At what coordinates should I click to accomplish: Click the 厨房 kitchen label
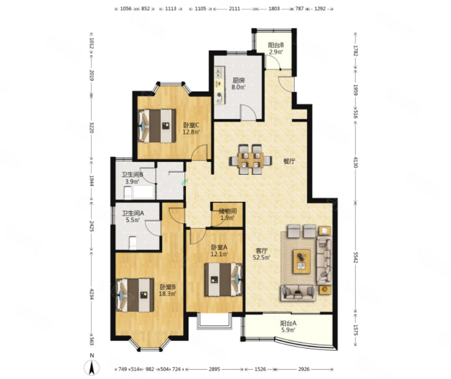point(239,81)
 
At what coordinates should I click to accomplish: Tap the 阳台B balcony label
point(276,45)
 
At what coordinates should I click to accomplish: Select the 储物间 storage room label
point(228,211)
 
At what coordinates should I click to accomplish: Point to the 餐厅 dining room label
point(289,161)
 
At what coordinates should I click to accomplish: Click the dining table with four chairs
point(250,160)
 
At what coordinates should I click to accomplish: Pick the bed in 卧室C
point(157,126)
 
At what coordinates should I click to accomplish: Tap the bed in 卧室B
point(134,295)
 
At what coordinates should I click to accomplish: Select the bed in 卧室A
point(223,279)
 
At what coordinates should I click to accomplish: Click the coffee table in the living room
point(301,261)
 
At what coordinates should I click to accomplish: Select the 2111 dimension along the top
point(235,9)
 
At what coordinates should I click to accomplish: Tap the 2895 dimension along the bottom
point(214,369)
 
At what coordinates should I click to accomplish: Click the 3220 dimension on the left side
point(91,128)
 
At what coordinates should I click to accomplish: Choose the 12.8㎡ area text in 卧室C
point(191,132)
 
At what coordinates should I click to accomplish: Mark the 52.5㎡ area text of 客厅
point(262,258)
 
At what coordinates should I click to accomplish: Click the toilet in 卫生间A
point(133,243)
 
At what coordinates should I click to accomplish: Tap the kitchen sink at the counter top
point(219,73)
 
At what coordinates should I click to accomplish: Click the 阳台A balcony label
point(289,324)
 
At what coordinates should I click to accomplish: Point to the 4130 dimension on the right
point(356,162)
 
